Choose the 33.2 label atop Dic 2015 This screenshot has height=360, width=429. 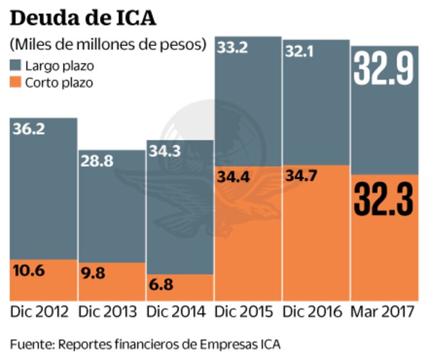pos(233,48)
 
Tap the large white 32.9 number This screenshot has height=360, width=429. pos(384,69)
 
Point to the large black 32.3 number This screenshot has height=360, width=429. pos(384,199)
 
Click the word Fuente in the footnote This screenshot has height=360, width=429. pos(30,344)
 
